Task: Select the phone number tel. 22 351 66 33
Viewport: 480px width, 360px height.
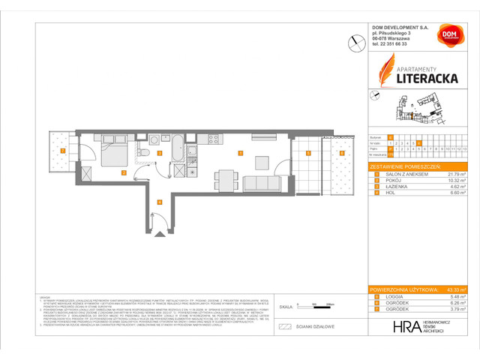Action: click(x=390, y=44)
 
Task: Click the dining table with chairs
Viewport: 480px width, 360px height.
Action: click(x=226, y=178)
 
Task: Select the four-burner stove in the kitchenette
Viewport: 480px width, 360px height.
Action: click(x=213, y=139)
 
